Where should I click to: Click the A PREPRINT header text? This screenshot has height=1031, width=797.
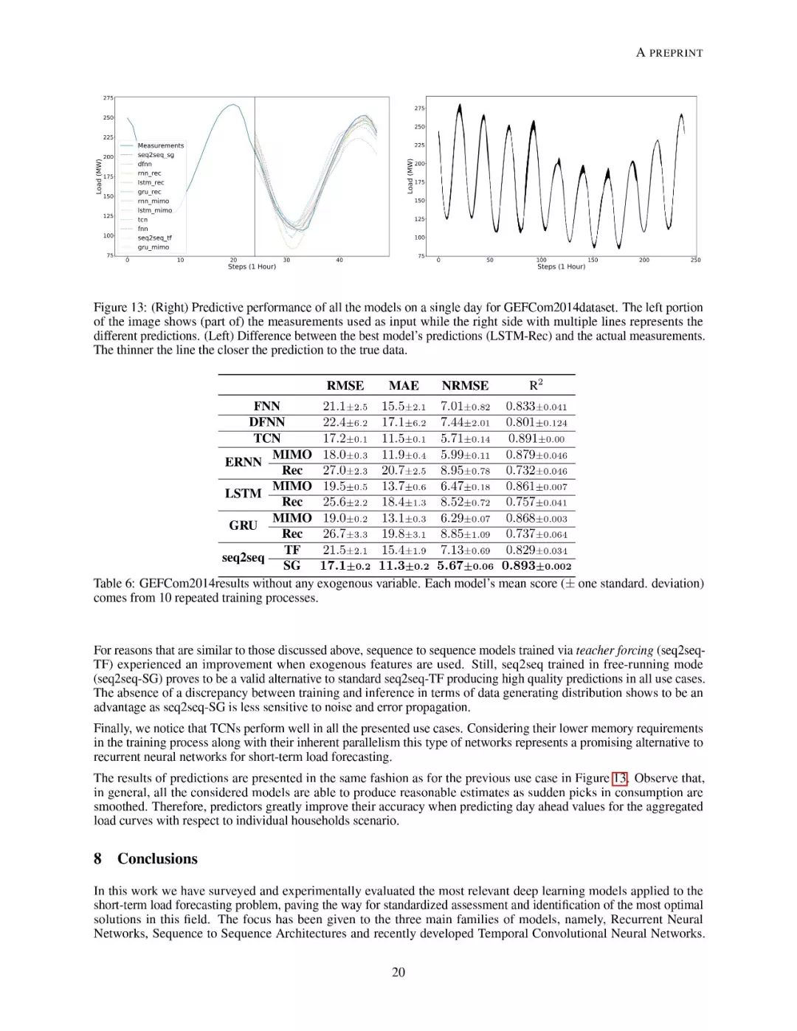pyautogui.click(x=669, y=52)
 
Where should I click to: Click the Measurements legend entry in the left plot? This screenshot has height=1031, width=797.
pyautogui.click(x=160, y=145)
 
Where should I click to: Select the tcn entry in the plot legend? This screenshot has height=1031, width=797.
pyautogui.click(x=142, y=219)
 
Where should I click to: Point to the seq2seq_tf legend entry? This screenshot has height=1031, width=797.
pyautogui.click(x=154, y=238)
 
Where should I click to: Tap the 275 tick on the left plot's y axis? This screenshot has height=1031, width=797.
pyautogui.click(x=108, y=98)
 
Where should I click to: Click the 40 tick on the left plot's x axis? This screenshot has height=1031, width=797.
pyautogui.click(x=339, y=260)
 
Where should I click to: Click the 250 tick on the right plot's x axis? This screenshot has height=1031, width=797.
pyautogui.click(x=695, y=260)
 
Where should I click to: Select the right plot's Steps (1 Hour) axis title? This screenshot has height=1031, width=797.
pyautogui.click(x=561, y=266)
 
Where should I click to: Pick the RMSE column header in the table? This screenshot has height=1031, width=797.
pyautogui.click(x=345, y=385)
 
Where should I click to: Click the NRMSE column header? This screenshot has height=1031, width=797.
pyautogui.click(x=465, y=385)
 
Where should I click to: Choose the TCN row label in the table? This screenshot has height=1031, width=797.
pyautogui.click(x=266, y=438)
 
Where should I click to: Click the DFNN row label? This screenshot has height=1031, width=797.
pyautogui.click(x=266, y=422)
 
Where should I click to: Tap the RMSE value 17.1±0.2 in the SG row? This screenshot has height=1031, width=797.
pyautogui.click(x=345, y=566)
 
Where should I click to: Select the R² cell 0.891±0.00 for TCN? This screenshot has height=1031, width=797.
pyautogui.click(x=536, y=438)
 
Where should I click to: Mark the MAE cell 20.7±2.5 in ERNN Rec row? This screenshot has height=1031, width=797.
pyautogui.click(x=404, y=470)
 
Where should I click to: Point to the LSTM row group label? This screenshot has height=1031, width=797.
pyautogui.click(x=243, y=493)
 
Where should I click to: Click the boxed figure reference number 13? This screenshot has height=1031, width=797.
pyautogui.click(x=620, y=778)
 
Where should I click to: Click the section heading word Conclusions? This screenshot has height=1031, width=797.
pyautogui.click(x=157, y=858)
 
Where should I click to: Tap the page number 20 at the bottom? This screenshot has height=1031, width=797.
pyautogui.click(x=398, y=972)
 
